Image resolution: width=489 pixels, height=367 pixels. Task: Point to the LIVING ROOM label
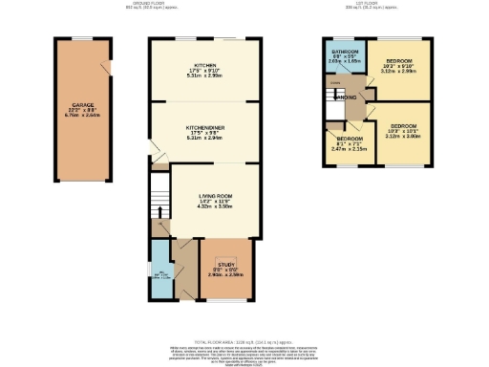click(214, 196)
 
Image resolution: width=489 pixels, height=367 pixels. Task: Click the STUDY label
click(225, 267)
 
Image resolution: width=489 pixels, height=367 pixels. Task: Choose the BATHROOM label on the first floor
click(344, 51)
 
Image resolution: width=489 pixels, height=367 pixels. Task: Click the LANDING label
click(348, 97)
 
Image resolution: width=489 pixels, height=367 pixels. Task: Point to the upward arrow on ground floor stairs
click(159, 212)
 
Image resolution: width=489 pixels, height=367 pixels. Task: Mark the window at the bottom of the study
click(226, 300)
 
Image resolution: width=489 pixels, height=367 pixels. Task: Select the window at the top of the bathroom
click(344, 38)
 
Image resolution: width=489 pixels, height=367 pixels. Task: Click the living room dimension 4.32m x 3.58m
click(214, 207)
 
